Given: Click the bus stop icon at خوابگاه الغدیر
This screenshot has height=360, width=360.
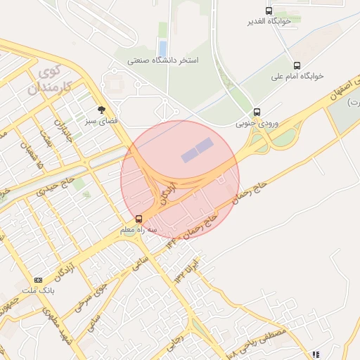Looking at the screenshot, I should click(269, 11).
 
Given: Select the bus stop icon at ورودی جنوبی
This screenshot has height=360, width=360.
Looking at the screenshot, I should click(257, 112).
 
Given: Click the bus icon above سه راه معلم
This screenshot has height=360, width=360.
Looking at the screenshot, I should click(139, 218).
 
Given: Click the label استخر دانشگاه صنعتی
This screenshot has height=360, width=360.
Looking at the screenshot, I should click(163, 61).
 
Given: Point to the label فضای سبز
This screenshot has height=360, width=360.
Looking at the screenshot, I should click(101, 120).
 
